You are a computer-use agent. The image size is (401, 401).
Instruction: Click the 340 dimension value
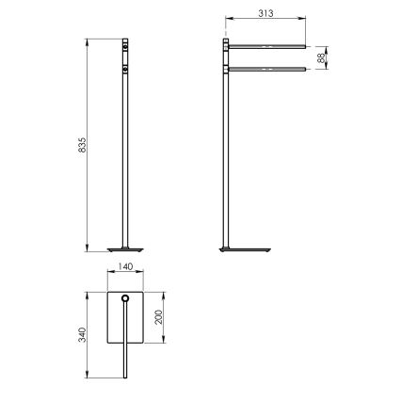[x=83, y=334]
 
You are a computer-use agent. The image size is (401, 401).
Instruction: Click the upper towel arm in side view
[x=267, y=45]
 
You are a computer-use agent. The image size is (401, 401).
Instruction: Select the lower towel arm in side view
[x=267, y=68]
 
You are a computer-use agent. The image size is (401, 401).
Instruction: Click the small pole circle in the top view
[x=126, y=302]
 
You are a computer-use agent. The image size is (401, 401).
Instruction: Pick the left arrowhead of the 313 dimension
[x=226, y=20]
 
